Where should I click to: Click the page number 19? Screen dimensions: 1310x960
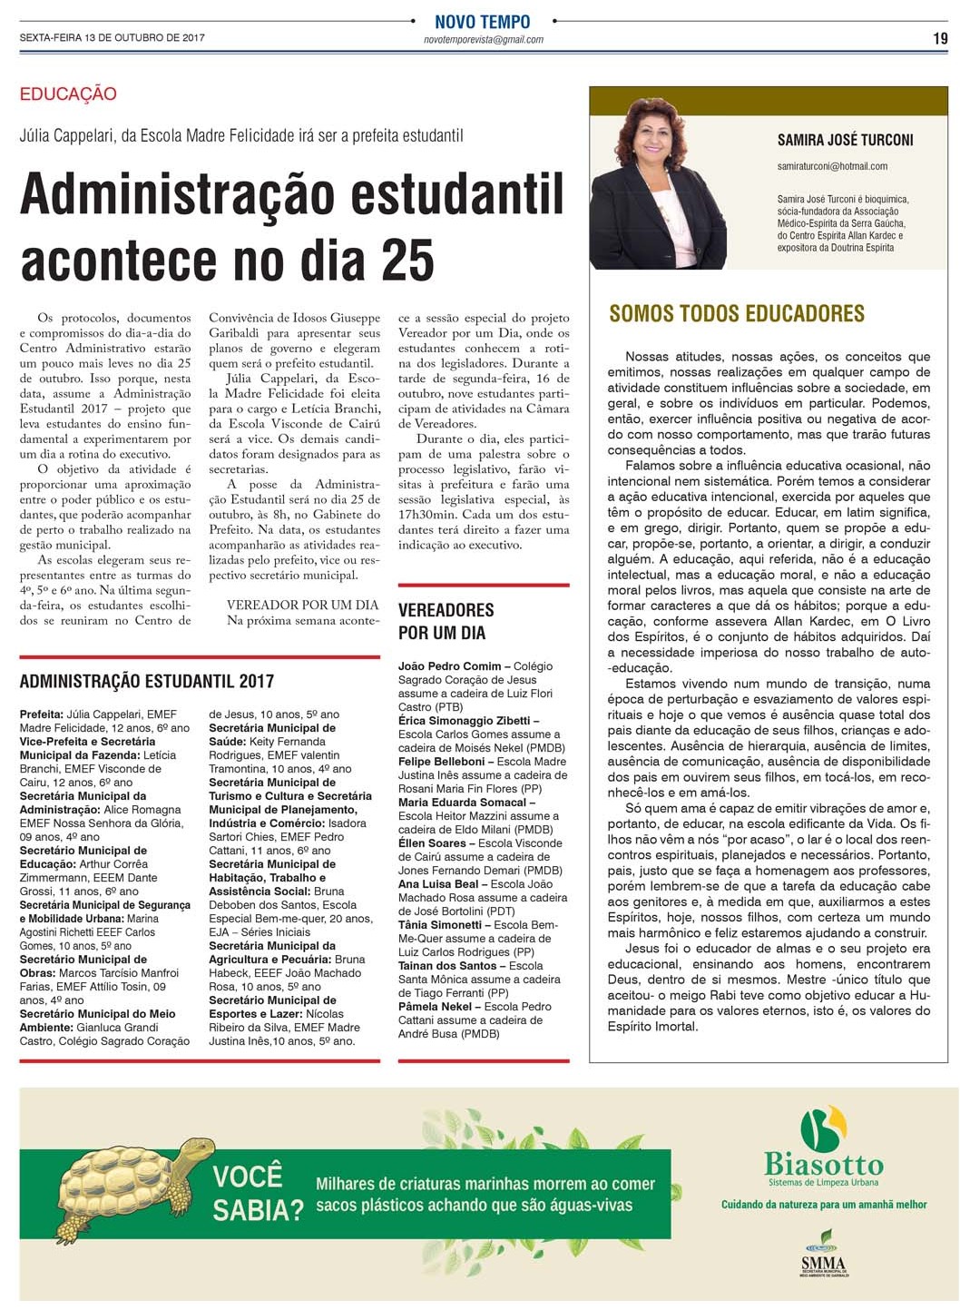[x=939, y=38]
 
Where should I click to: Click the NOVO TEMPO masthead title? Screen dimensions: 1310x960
[x=482, y=22]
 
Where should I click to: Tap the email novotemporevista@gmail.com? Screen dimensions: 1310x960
[x=483, y=40]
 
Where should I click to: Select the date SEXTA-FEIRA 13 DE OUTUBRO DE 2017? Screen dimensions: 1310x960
[x=112, y=38]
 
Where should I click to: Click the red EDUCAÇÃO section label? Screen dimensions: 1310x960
[x=68, y=94]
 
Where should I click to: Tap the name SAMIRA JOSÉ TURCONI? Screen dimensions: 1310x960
[x=845, y=140]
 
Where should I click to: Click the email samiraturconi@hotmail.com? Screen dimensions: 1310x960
[x=832, y=166]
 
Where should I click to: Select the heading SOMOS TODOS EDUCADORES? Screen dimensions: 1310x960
[x=737, y=314]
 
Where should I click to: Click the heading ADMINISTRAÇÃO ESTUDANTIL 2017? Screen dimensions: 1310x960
[x=146, y=681]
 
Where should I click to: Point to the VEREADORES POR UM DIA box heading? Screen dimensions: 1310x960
[x=446, y=621]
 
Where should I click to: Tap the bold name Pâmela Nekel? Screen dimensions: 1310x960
[x=435, y=1007]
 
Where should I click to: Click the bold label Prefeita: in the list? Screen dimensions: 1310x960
[x=42, y=714]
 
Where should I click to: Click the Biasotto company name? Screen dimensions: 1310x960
[x=823, y=1165]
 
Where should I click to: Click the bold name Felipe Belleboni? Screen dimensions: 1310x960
[x=441, y=762]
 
